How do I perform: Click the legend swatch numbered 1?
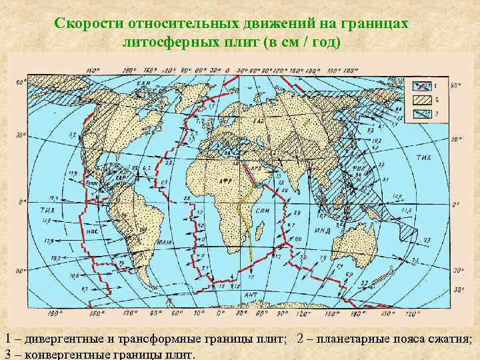(x=421, y=86)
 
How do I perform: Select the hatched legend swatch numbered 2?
(x=421, y=101)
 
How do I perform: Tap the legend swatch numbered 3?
(x=421, y=114)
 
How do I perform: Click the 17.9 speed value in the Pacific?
(x=48, y=241)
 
